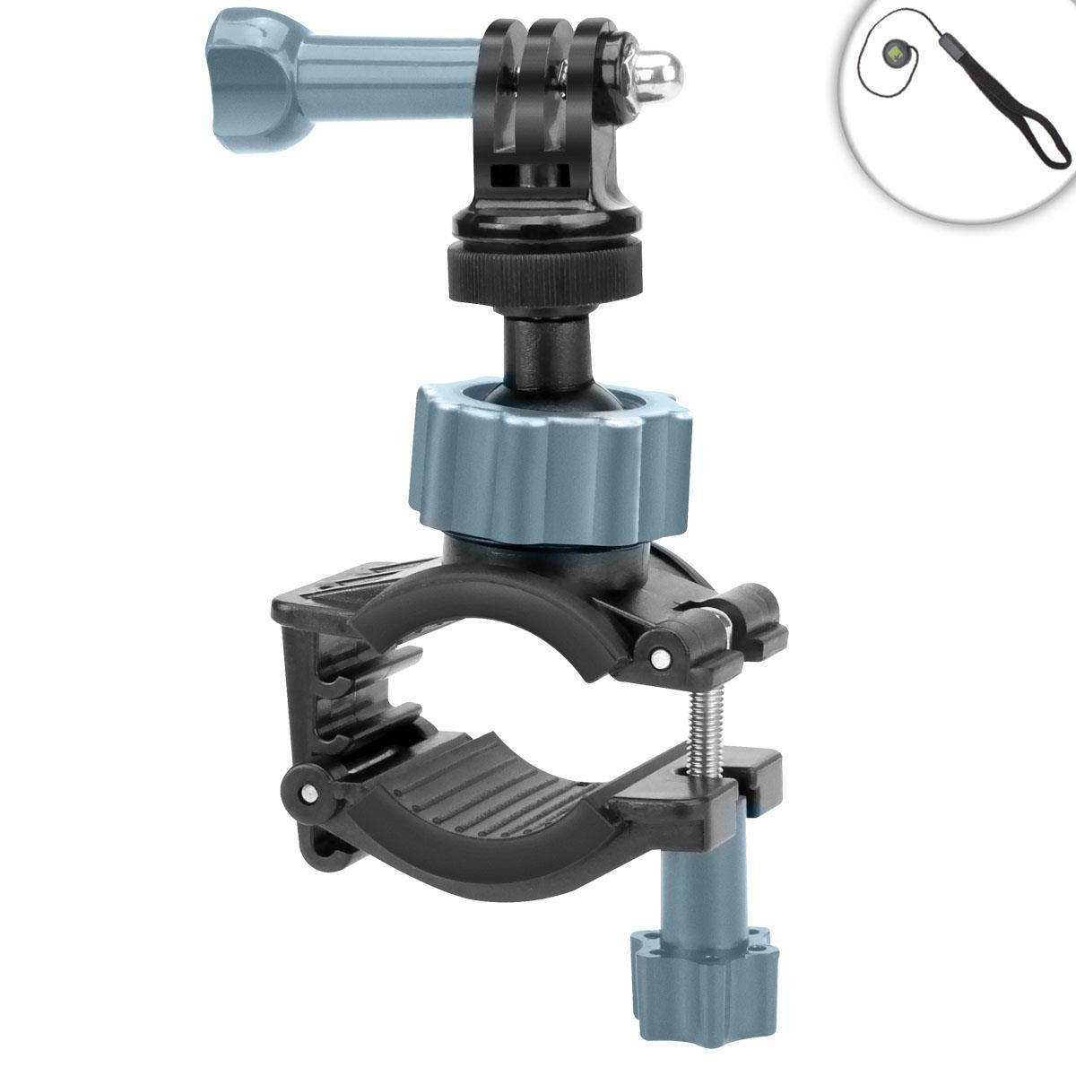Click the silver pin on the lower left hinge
[x=309, y=793]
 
